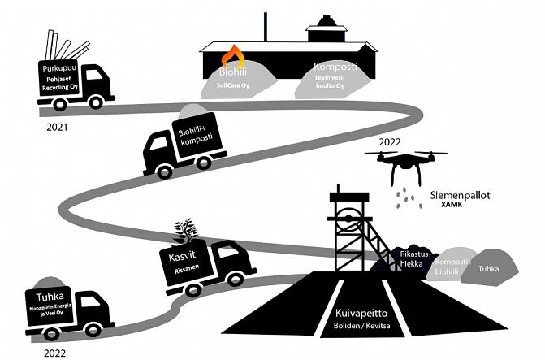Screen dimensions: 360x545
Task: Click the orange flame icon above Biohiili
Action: coord(234,57)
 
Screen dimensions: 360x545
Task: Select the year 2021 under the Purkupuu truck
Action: coord(57,128)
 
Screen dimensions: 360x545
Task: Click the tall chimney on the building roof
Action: coord(266,26)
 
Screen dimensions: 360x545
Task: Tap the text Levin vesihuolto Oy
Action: coord(333,82)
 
